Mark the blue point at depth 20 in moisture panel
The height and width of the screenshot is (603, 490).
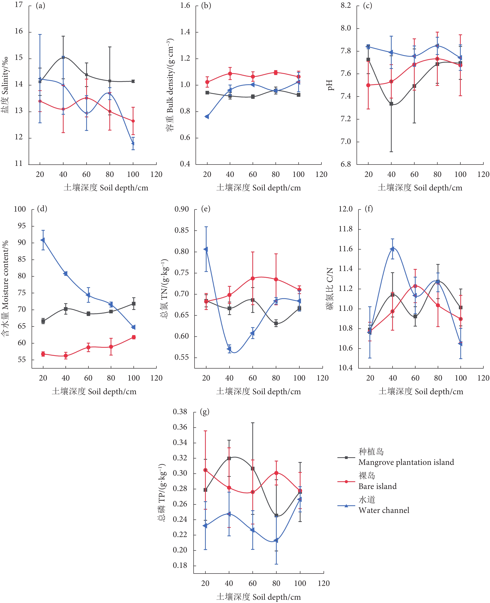point(43,240)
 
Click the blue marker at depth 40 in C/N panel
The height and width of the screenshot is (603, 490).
point(392,249)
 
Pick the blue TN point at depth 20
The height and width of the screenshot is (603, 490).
point(206,249)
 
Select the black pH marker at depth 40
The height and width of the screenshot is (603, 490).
point(391,104)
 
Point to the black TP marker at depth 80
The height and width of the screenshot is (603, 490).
point(276,515)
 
